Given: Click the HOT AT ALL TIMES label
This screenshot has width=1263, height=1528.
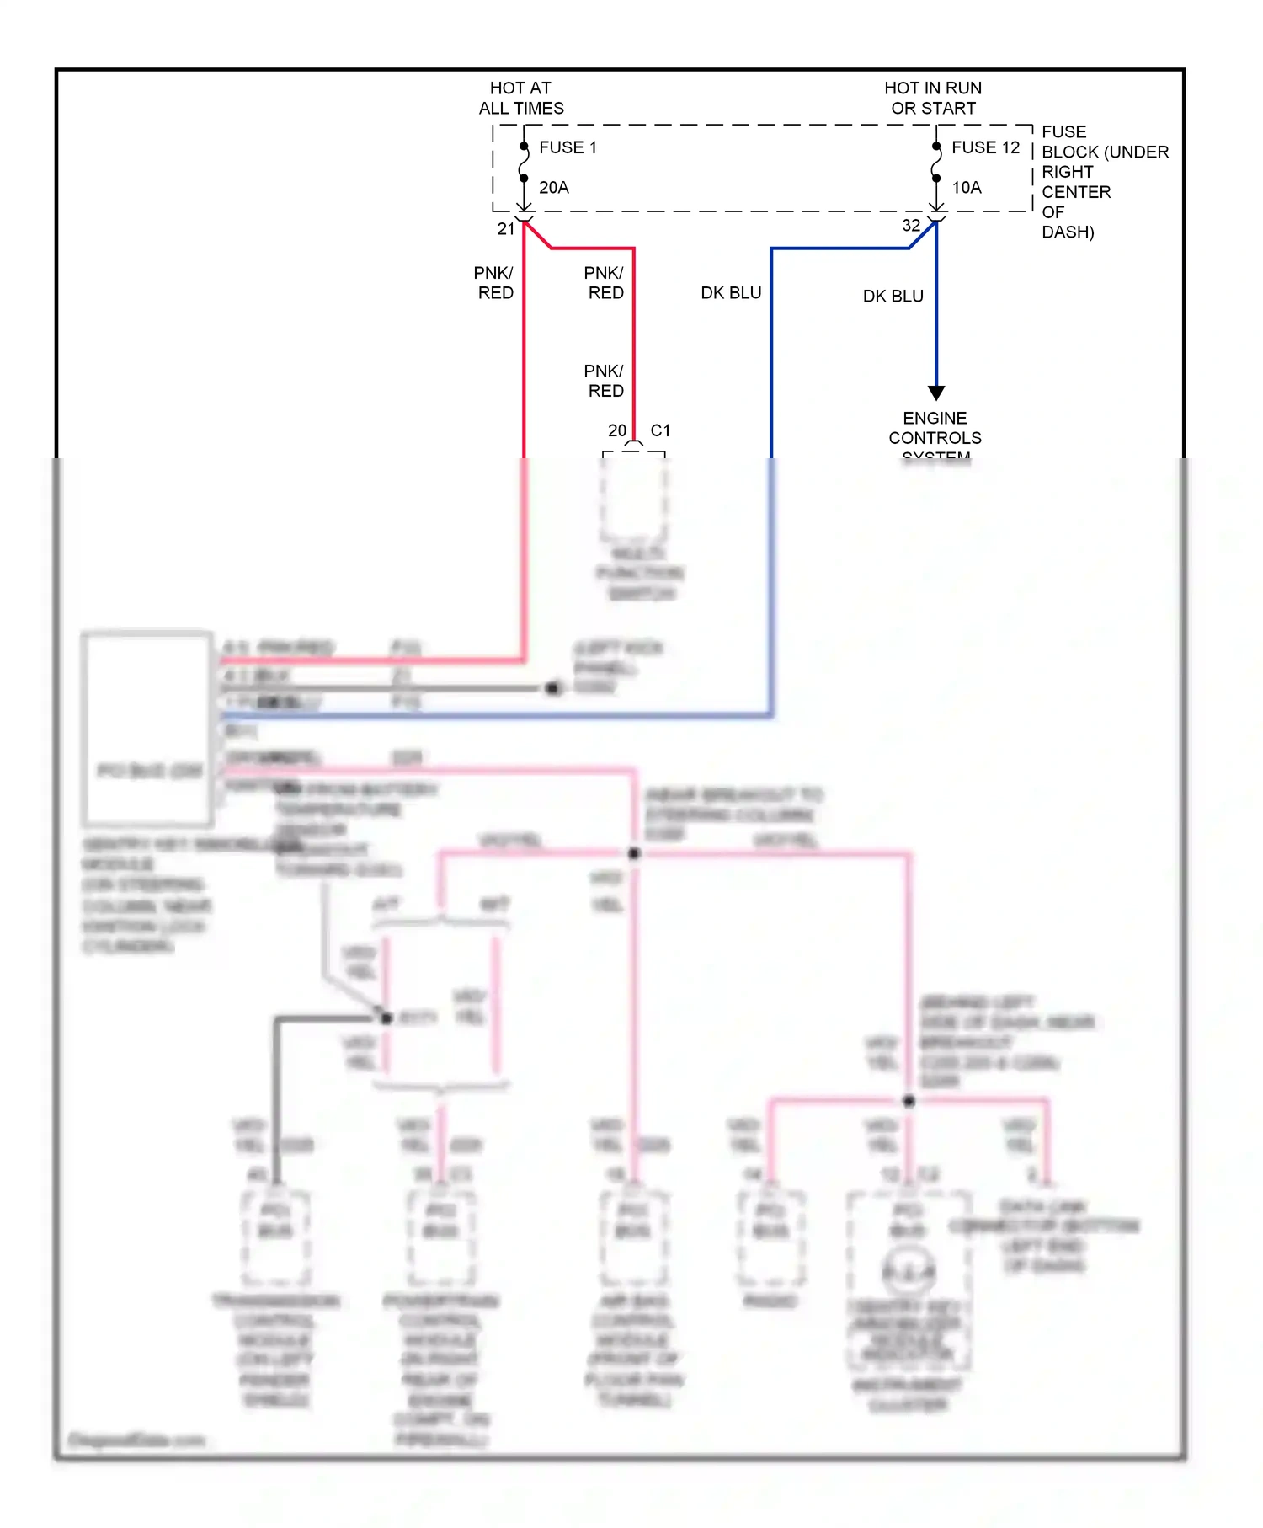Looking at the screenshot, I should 521,98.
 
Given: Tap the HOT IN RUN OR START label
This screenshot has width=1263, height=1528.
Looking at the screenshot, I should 933,98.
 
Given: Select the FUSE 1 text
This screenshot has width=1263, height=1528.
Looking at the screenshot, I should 568,147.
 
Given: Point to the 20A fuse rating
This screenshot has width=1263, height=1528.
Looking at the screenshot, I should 554,187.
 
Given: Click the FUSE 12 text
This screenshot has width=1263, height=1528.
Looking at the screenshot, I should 985,147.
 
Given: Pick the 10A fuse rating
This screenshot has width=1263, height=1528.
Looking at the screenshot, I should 967,187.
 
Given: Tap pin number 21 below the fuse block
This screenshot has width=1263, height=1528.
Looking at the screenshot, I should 505,228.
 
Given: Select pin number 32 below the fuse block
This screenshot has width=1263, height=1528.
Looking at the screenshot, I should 911,225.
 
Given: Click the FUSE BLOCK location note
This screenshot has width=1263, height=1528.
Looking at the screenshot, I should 1104,181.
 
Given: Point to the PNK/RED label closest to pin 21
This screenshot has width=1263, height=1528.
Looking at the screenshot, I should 494,282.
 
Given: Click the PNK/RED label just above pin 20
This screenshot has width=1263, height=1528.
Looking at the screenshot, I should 605,381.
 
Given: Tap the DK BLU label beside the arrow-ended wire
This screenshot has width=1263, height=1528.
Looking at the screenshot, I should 893,296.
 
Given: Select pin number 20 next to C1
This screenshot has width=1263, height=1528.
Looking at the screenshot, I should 617,430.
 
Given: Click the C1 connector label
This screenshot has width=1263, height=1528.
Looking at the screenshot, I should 660,430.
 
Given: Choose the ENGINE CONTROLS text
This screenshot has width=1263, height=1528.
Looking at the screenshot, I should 935,428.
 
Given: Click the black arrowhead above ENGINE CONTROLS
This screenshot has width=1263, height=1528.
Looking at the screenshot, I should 936,393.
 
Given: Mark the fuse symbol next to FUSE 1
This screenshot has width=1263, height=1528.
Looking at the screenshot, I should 524,163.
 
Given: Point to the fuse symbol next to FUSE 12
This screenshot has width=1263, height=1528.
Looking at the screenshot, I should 936,163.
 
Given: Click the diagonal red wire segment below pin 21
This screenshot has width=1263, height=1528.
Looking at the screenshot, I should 537,235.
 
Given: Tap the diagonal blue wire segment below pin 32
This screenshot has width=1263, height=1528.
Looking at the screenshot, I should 923,235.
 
